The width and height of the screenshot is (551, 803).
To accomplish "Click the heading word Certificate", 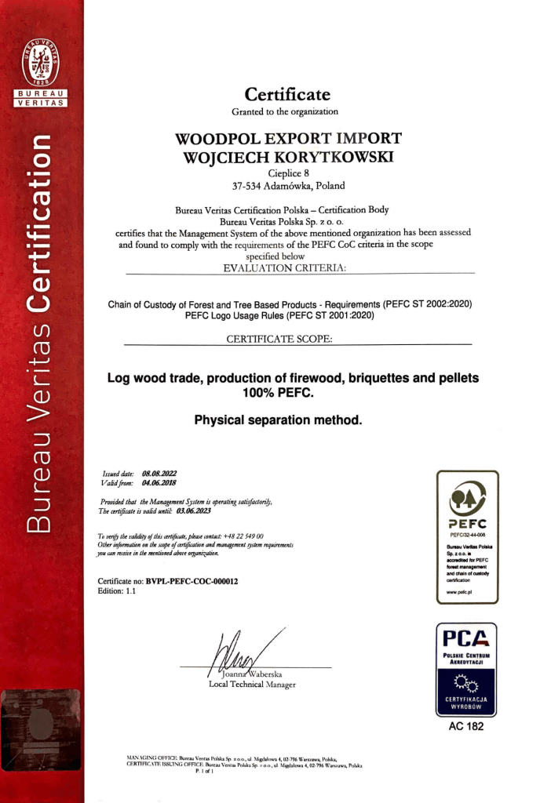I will [x=287, y=95].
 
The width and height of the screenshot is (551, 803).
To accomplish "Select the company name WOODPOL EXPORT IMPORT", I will [x=288, y=139].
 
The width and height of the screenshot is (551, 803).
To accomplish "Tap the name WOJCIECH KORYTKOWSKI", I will [x=287, y=157].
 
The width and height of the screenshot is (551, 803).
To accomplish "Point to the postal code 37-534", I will [x=248, y=187].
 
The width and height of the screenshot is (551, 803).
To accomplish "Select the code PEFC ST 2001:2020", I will [x=330, y=316].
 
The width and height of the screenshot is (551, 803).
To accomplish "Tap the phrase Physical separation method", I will [x=278, y=420].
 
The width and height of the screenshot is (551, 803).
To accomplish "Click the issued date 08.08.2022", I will [x=159, y=474].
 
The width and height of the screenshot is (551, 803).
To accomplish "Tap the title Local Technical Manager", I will [x=252, y=685].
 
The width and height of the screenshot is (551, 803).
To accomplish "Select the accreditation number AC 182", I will [x=466, y=727].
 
